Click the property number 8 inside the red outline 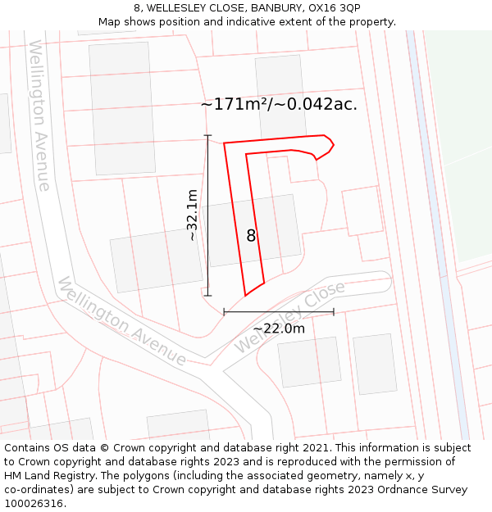251,236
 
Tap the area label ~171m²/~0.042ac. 279,105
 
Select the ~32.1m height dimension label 192,215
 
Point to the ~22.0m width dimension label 279,328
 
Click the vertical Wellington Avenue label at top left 39,116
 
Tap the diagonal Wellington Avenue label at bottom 121,321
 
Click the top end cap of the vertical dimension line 207,135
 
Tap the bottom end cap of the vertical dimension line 207,295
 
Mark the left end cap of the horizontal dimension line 224,311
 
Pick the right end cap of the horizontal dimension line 334,311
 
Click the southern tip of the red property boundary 245,295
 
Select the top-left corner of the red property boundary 224,143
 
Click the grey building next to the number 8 279,229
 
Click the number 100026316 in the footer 33,504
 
